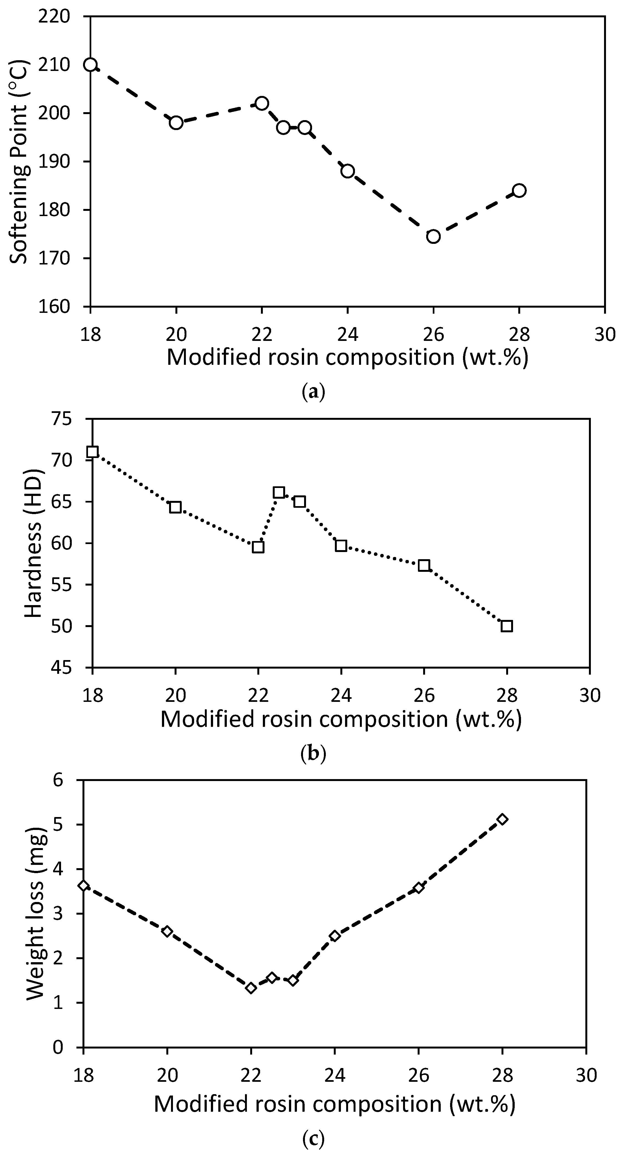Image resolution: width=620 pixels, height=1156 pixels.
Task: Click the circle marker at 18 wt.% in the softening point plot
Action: (90, 65)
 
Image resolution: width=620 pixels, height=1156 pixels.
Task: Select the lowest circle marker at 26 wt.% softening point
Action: (433, 236)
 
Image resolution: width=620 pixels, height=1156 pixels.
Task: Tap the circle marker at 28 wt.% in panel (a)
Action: (519, 190)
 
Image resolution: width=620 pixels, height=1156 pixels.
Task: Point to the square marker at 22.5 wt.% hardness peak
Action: (279, 492)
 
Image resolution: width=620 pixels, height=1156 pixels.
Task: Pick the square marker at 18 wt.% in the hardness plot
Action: (92, 451)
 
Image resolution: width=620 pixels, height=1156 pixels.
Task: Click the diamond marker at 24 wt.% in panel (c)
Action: (334, 936)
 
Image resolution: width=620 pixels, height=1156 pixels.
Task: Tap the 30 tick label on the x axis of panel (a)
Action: (605, 334)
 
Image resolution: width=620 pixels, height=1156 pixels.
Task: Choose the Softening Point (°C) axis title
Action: (19, 162)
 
